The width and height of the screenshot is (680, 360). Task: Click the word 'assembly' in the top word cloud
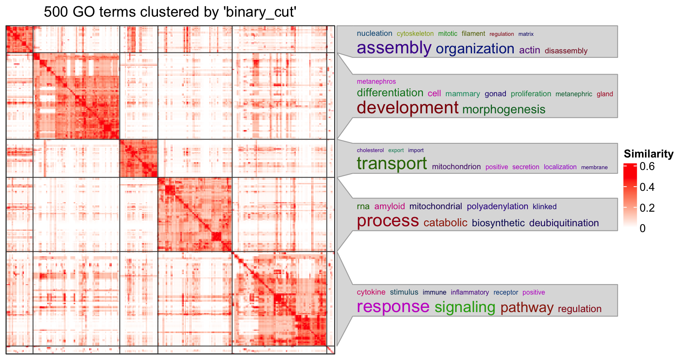(x=394, y=48)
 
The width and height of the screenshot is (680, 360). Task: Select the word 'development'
(x=407, y=108)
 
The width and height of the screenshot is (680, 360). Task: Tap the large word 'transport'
(x=392, y=164)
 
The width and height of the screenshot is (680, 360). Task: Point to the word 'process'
(x=387, y=221)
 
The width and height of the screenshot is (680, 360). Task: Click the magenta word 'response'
(x=393, y=307)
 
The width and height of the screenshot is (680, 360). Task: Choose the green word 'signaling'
(x=465, y=307)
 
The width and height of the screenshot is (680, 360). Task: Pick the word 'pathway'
(x=527, y=308)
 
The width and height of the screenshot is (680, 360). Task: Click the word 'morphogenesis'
(x=503, y=110)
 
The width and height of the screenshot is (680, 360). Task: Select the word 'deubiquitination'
(x=564, y=223)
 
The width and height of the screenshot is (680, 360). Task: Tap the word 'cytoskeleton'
(x=415, y=34)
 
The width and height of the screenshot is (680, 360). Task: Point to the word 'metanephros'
(x=376, y=82)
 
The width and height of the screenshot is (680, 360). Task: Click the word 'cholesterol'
(x=370, y=150)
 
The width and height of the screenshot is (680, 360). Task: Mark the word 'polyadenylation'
(x=497, y=206)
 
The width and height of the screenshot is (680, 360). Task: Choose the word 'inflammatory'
(x=470, y=292)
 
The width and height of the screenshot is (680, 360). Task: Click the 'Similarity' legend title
(x=648, y=154)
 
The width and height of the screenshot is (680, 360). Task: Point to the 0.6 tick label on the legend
(x=647, y=167)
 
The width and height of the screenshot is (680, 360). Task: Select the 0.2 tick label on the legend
(x=647, y=208)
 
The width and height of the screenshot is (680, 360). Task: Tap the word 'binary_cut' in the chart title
(x=260, y=12)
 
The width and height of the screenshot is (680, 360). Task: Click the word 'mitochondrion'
(x=456, y=167)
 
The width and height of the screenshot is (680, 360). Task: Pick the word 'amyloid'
(x=389, y=206)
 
